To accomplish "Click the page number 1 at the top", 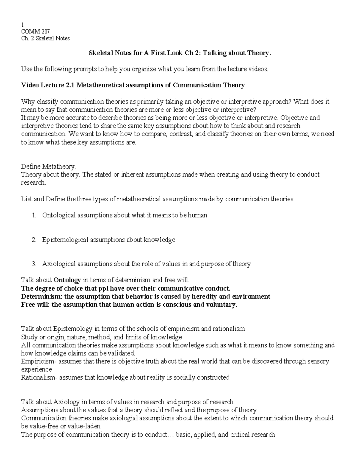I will click(x=22, y=25).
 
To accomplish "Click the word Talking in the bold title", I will click(x=214, y=53).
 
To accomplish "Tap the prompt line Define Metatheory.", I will click(x=48, y=166).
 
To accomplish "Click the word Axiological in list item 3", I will click(x=59, y=264).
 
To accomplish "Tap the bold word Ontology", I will click(x=67, y=280).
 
